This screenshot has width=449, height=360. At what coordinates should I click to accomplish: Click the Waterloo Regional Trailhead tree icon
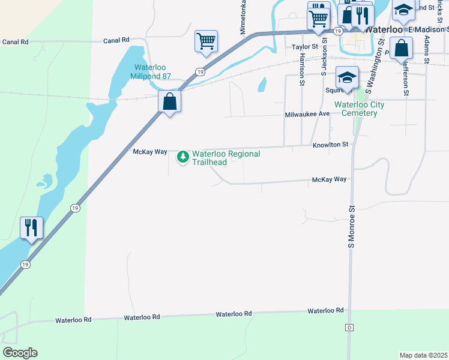tap(182, 157)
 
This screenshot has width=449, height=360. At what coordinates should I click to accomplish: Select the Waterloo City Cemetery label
tap(360, 109)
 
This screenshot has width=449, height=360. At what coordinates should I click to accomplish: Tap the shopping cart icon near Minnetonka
tap(206, 41)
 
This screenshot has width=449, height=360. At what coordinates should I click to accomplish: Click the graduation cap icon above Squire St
tap(346, 76)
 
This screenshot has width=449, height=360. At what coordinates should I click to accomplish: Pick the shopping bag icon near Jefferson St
tap(401, 47)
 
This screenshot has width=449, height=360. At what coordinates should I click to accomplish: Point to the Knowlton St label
tap(330, 145)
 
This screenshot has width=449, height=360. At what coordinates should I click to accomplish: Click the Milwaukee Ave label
tap(307, 113)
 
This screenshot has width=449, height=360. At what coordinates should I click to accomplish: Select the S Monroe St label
tap(352, 226)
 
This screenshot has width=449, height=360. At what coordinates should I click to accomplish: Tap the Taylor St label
tap(304, 46)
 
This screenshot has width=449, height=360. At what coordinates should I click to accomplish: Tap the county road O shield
tap(349, 328)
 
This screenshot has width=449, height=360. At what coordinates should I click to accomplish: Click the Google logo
tap(20, 353)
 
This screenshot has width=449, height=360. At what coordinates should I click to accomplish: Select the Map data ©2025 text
tap(423, 355)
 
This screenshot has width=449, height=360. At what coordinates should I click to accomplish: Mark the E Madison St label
tap(427, 29)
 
